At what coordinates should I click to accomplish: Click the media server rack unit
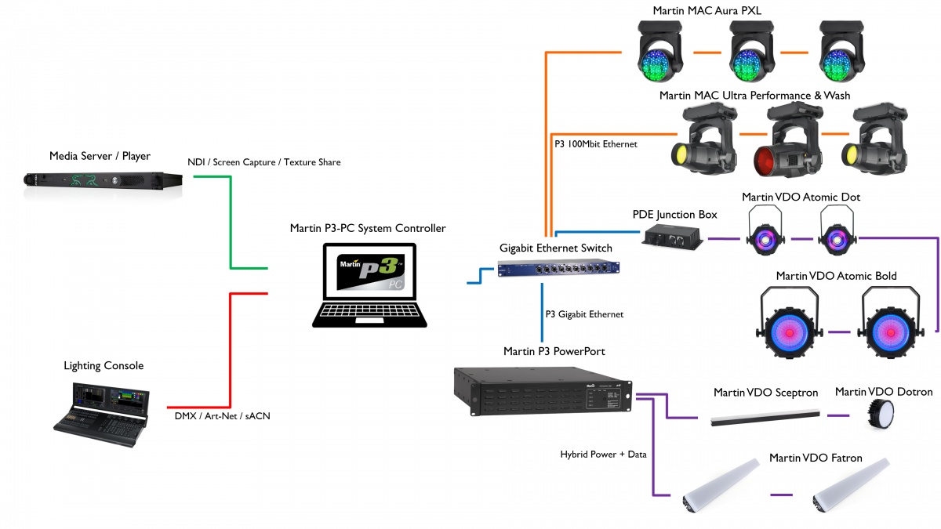pyautogui.click(x=103, y=181)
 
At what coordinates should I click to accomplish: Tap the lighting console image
pyautogui.click(x=101, y=414)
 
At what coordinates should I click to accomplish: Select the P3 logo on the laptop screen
pyautogui.click(x=370, y=271)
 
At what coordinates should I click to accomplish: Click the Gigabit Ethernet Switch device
pyautogui.click(x=558, y=269)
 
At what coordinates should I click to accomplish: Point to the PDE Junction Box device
pyautogui.click(x=672, y=237)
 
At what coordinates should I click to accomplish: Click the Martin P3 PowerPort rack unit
pyautogui.click(x=543, y=391)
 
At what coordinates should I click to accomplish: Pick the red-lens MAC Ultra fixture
pyautogui.click(x=788, y=140)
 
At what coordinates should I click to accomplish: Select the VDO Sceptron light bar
pyautogui.click(x=765, y=418)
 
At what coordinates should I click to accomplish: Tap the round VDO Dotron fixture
pyautogui.click(x=881, y=415)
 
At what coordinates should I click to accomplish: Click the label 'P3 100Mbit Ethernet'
pyautogui.click(x=596, y=144)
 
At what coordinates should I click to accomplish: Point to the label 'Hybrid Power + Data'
pyautogui.click(x=603, y=455)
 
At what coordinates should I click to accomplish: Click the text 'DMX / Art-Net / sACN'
pyautogui.click(x=222, y=416)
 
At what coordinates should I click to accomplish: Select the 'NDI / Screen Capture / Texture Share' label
pyautogui.click(x=263, y=162)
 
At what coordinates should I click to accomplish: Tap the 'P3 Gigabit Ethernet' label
pyautogui.click(x=584, y=314)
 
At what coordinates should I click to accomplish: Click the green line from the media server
pyautogui.click(x=231, y=223)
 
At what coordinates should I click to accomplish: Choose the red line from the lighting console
pyautogui.click(x=231, y=351)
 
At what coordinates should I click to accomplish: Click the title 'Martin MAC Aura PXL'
pyautogui.click(x=707, y=10)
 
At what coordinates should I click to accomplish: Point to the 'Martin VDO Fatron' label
pyautogui.click(x=816, y=458)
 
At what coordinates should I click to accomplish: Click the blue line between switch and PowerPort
pyautogui.click(x=542, y=313)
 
